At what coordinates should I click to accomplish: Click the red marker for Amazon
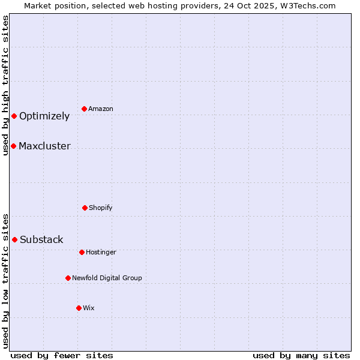(x=84, y=109)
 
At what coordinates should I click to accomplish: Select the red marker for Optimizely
(x=14, y=116)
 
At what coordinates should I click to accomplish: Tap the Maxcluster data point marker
(x=13, y=146)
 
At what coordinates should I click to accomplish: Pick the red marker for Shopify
(x=85, y=208)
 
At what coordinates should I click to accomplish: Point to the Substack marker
(x=14, y=239)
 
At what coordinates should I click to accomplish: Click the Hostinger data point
(x=82, y=252)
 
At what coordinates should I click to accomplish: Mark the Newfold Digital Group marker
(x=68, y=278)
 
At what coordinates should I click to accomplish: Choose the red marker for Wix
(x=79, y=308)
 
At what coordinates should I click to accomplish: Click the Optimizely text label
(x=44, y=116)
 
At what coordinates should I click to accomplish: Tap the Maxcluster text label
(x=44, y=146)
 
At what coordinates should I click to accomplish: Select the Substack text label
(x=41, y=240)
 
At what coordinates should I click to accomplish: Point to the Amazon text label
(x=101, y=109)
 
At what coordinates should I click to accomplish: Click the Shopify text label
(x=101, y=208)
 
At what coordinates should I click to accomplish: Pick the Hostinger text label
(x=101, y=253)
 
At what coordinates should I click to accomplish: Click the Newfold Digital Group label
(x=107, y=278)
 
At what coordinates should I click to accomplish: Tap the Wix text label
(x=89, y=308)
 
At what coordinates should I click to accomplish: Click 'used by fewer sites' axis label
(x=62, y=355)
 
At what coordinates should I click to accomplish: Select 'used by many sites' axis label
(x=301, y=355)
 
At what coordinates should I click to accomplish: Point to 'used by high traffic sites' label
(x=5, y=85)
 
